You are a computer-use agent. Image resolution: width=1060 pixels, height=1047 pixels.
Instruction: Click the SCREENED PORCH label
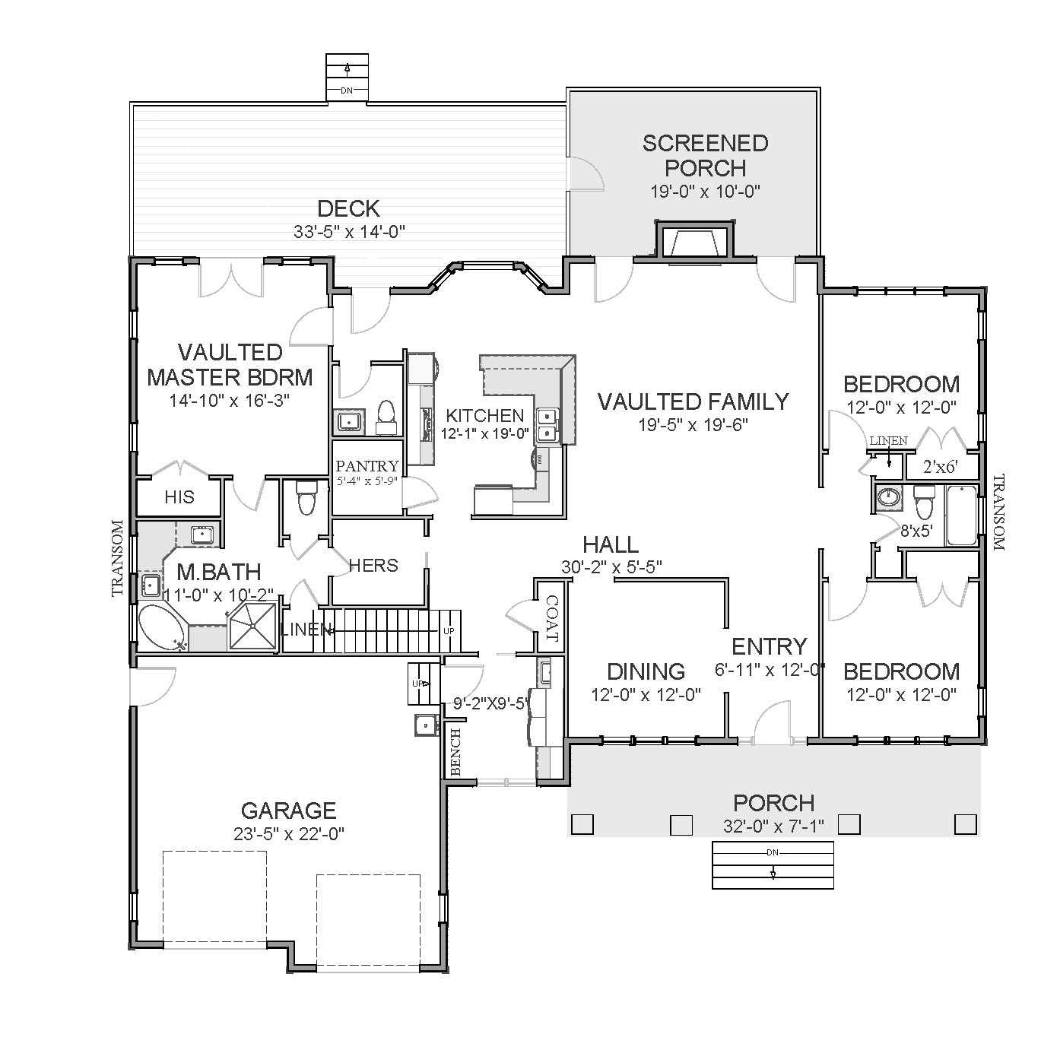point(705,156)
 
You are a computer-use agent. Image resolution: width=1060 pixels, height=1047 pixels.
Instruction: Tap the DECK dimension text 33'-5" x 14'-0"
point(349,232)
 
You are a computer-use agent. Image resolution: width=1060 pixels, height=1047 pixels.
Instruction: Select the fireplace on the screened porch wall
point(695,240)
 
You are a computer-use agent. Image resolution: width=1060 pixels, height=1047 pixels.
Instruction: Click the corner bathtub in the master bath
point(162,628)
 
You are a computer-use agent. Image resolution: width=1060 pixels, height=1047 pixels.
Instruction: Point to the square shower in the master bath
point(253,627)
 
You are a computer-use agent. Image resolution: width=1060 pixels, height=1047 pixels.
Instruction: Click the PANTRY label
point(367,466)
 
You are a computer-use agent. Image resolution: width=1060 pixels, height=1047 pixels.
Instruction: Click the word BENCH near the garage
point(455,751)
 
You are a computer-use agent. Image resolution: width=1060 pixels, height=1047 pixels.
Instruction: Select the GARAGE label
point(288,811)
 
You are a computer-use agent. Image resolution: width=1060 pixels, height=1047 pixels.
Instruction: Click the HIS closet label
point(179,497)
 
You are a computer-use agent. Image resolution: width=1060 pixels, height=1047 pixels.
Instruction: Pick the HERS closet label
point(373,565)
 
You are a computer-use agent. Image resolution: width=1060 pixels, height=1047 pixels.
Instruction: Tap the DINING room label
point(646,671)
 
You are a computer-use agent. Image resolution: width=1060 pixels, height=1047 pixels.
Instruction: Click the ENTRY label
point(769,646)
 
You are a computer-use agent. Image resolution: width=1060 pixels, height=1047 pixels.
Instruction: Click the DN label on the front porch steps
point(773,852)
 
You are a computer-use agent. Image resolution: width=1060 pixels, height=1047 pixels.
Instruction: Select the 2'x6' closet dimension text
point(940,467)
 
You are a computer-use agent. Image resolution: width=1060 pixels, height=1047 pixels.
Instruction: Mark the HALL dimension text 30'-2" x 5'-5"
point(611,566)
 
